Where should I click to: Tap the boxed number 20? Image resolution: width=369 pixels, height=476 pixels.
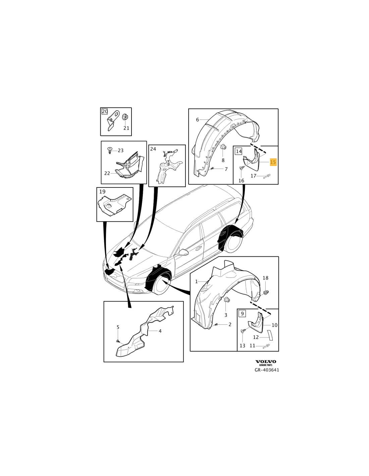(105, 111)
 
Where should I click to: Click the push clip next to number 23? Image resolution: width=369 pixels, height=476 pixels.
(110, 151)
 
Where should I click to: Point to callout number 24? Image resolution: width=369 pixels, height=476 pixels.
(153, 149)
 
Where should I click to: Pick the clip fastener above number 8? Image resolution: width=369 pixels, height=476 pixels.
(223, 147)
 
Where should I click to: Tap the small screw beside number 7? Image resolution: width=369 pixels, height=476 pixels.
(212, 168)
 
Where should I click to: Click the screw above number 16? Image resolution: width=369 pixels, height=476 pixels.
(241, 168)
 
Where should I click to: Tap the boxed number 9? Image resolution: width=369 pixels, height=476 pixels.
(242, 313)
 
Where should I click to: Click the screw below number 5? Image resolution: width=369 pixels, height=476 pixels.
(118, 341)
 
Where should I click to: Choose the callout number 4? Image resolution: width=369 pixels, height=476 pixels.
(160, 331)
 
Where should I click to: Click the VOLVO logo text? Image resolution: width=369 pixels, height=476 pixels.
(266, 362)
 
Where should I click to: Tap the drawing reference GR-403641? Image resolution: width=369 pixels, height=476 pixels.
(267, 370)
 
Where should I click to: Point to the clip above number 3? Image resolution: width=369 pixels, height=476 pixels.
(226, 300)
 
